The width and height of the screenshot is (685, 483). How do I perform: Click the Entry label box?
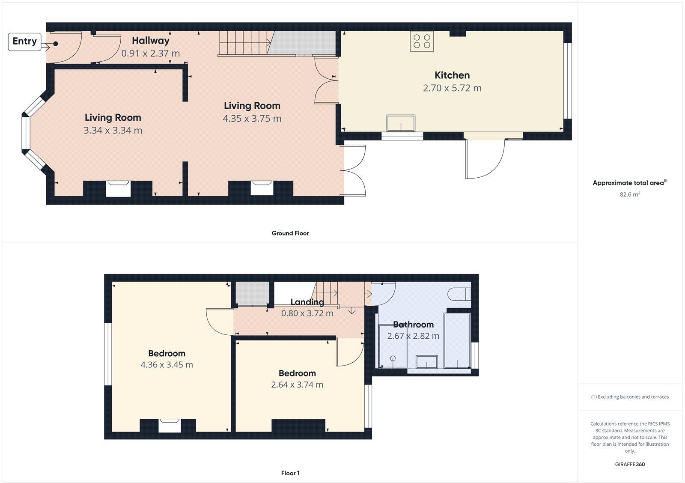(x=24, y=42)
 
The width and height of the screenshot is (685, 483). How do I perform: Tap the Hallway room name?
(x=150, y=41)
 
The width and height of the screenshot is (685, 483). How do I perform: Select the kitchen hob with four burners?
(x=422, y=42)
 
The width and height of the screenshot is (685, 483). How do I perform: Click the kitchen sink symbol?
(x=401, y=123)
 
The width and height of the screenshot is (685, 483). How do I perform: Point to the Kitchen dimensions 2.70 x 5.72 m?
(x=452, y=88)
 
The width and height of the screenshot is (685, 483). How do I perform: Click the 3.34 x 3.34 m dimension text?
(x=113, y=130)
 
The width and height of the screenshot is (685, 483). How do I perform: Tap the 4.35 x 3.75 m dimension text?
(x=252, y=119)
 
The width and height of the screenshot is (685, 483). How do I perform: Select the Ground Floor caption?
(x=290, y=233)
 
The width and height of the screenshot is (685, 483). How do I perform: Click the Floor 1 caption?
(x=290, y=473)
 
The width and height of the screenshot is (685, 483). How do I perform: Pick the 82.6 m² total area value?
(x=630, y=194)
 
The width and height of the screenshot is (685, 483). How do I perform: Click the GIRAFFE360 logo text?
(x=630, y=464)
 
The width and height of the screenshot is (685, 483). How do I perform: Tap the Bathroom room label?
(x=413, y=325)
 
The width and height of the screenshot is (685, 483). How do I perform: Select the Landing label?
(x=307, y=302)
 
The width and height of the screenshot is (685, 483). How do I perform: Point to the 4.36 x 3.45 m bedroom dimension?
(x=167, y=365)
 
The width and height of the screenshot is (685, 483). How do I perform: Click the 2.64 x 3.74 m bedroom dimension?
(x=297, y=385)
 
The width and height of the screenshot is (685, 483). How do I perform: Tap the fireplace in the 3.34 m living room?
(x=118, y=188)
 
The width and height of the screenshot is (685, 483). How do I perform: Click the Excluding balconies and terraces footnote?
(x=630, y=397)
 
